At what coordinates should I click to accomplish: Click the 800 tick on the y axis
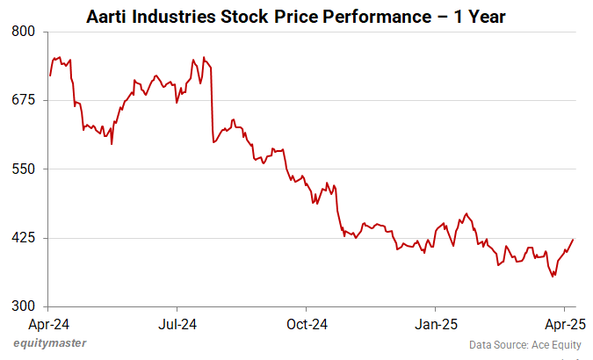coord(24,32)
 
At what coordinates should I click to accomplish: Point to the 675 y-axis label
coord(24,100)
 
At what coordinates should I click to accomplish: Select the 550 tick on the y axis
coord(24,169)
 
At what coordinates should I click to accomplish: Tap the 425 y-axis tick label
coord(24,238)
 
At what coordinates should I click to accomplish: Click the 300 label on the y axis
coord(24,306)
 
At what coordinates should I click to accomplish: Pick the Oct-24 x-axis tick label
coord(307,323)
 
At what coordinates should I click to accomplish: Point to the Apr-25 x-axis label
coord(562,323)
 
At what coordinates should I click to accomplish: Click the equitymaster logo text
coord(50,343)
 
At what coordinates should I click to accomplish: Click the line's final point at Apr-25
coord(573,239)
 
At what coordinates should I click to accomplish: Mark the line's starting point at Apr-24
coord(50,76)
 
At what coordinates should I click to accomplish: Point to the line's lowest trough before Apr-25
coord(553,277)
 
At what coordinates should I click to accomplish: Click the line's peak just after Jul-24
coord(204,57)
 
